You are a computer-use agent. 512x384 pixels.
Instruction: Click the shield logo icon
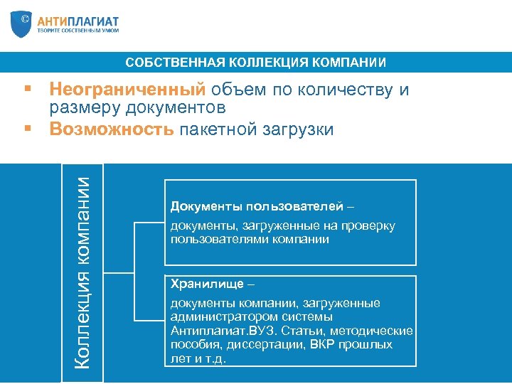(22, 24)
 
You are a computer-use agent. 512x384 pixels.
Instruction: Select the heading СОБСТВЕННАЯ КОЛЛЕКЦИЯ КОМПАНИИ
(256, 63)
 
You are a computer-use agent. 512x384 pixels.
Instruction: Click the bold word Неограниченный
(127, 90)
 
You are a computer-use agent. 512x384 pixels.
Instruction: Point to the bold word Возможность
(112, 129)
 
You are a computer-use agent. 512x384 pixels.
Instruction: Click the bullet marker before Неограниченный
(27, 90)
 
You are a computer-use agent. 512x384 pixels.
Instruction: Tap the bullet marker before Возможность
(27, 129)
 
